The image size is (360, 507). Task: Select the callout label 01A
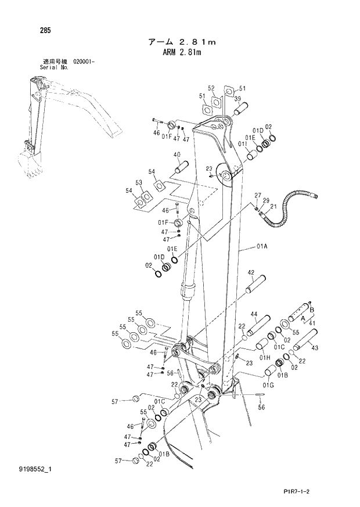tap(261, 246)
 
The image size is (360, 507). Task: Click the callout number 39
tap(237, 99)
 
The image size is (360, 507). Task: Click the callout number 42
tap(251, 272)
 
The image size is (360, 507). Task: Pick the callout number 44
tap(253, 314)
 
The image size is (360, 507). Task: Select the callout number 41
tap(314, 322)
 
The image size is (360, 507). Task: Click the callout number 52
tap(211, 88)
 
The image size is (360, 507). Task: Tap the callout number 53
tap(139, 183)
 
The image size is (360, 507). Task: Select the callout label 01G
tap(268, 385)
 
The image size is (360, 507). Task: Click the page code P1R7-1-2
tap(322, 491)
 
